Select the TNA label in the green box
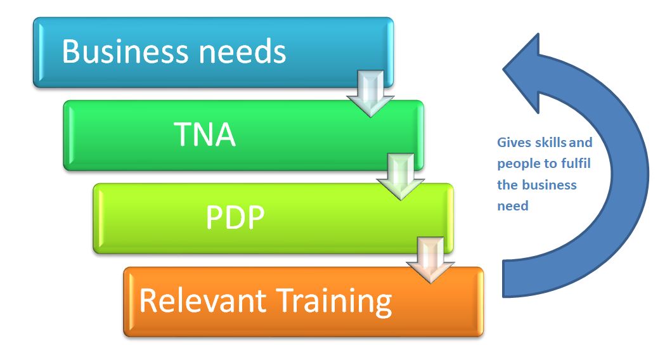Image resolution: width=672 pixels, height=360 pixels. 205,135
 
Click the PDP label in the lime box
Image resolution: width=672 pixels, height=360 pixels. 235,218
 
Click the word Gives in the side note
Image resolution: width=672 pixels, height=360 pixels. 513,143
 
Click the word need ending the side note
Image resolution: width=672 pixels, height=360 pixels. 512,206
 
